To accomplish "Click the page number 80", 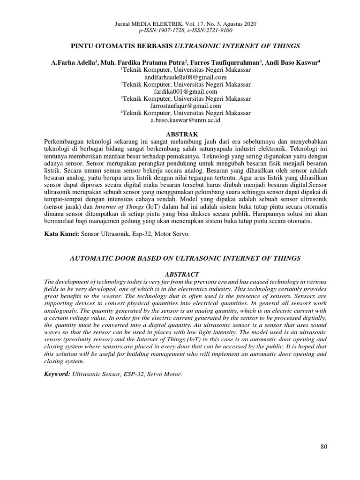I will coord(323,446).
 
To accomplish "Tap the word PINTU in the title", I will coord(82,46).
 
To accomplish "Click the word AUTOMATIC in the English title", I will coord(93,258).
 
